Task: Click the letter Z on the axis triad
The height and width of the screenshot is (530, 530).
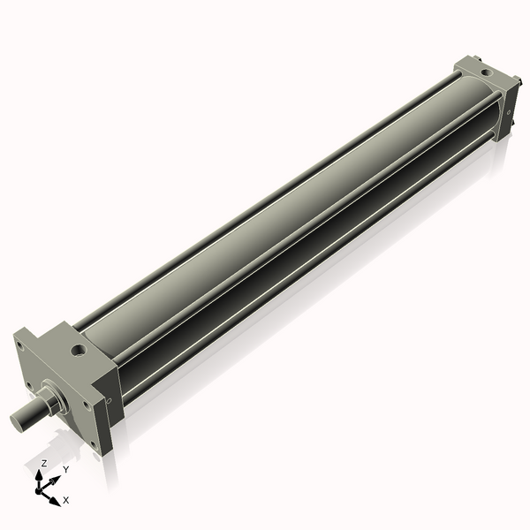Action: [44, 463]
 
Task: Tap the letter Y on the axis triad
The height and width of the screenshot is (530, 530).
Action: [66, 469]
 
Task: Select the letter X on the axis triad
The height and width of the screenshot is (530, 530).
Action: [66, 500]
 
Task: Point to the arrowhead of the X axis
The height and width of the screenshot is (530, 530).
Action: [56, 499]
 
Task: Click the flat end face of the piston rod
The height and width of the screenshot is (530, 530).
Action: [17, 419]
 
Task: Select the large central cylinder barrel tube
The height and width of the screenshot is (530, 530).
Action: [265, 221]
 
